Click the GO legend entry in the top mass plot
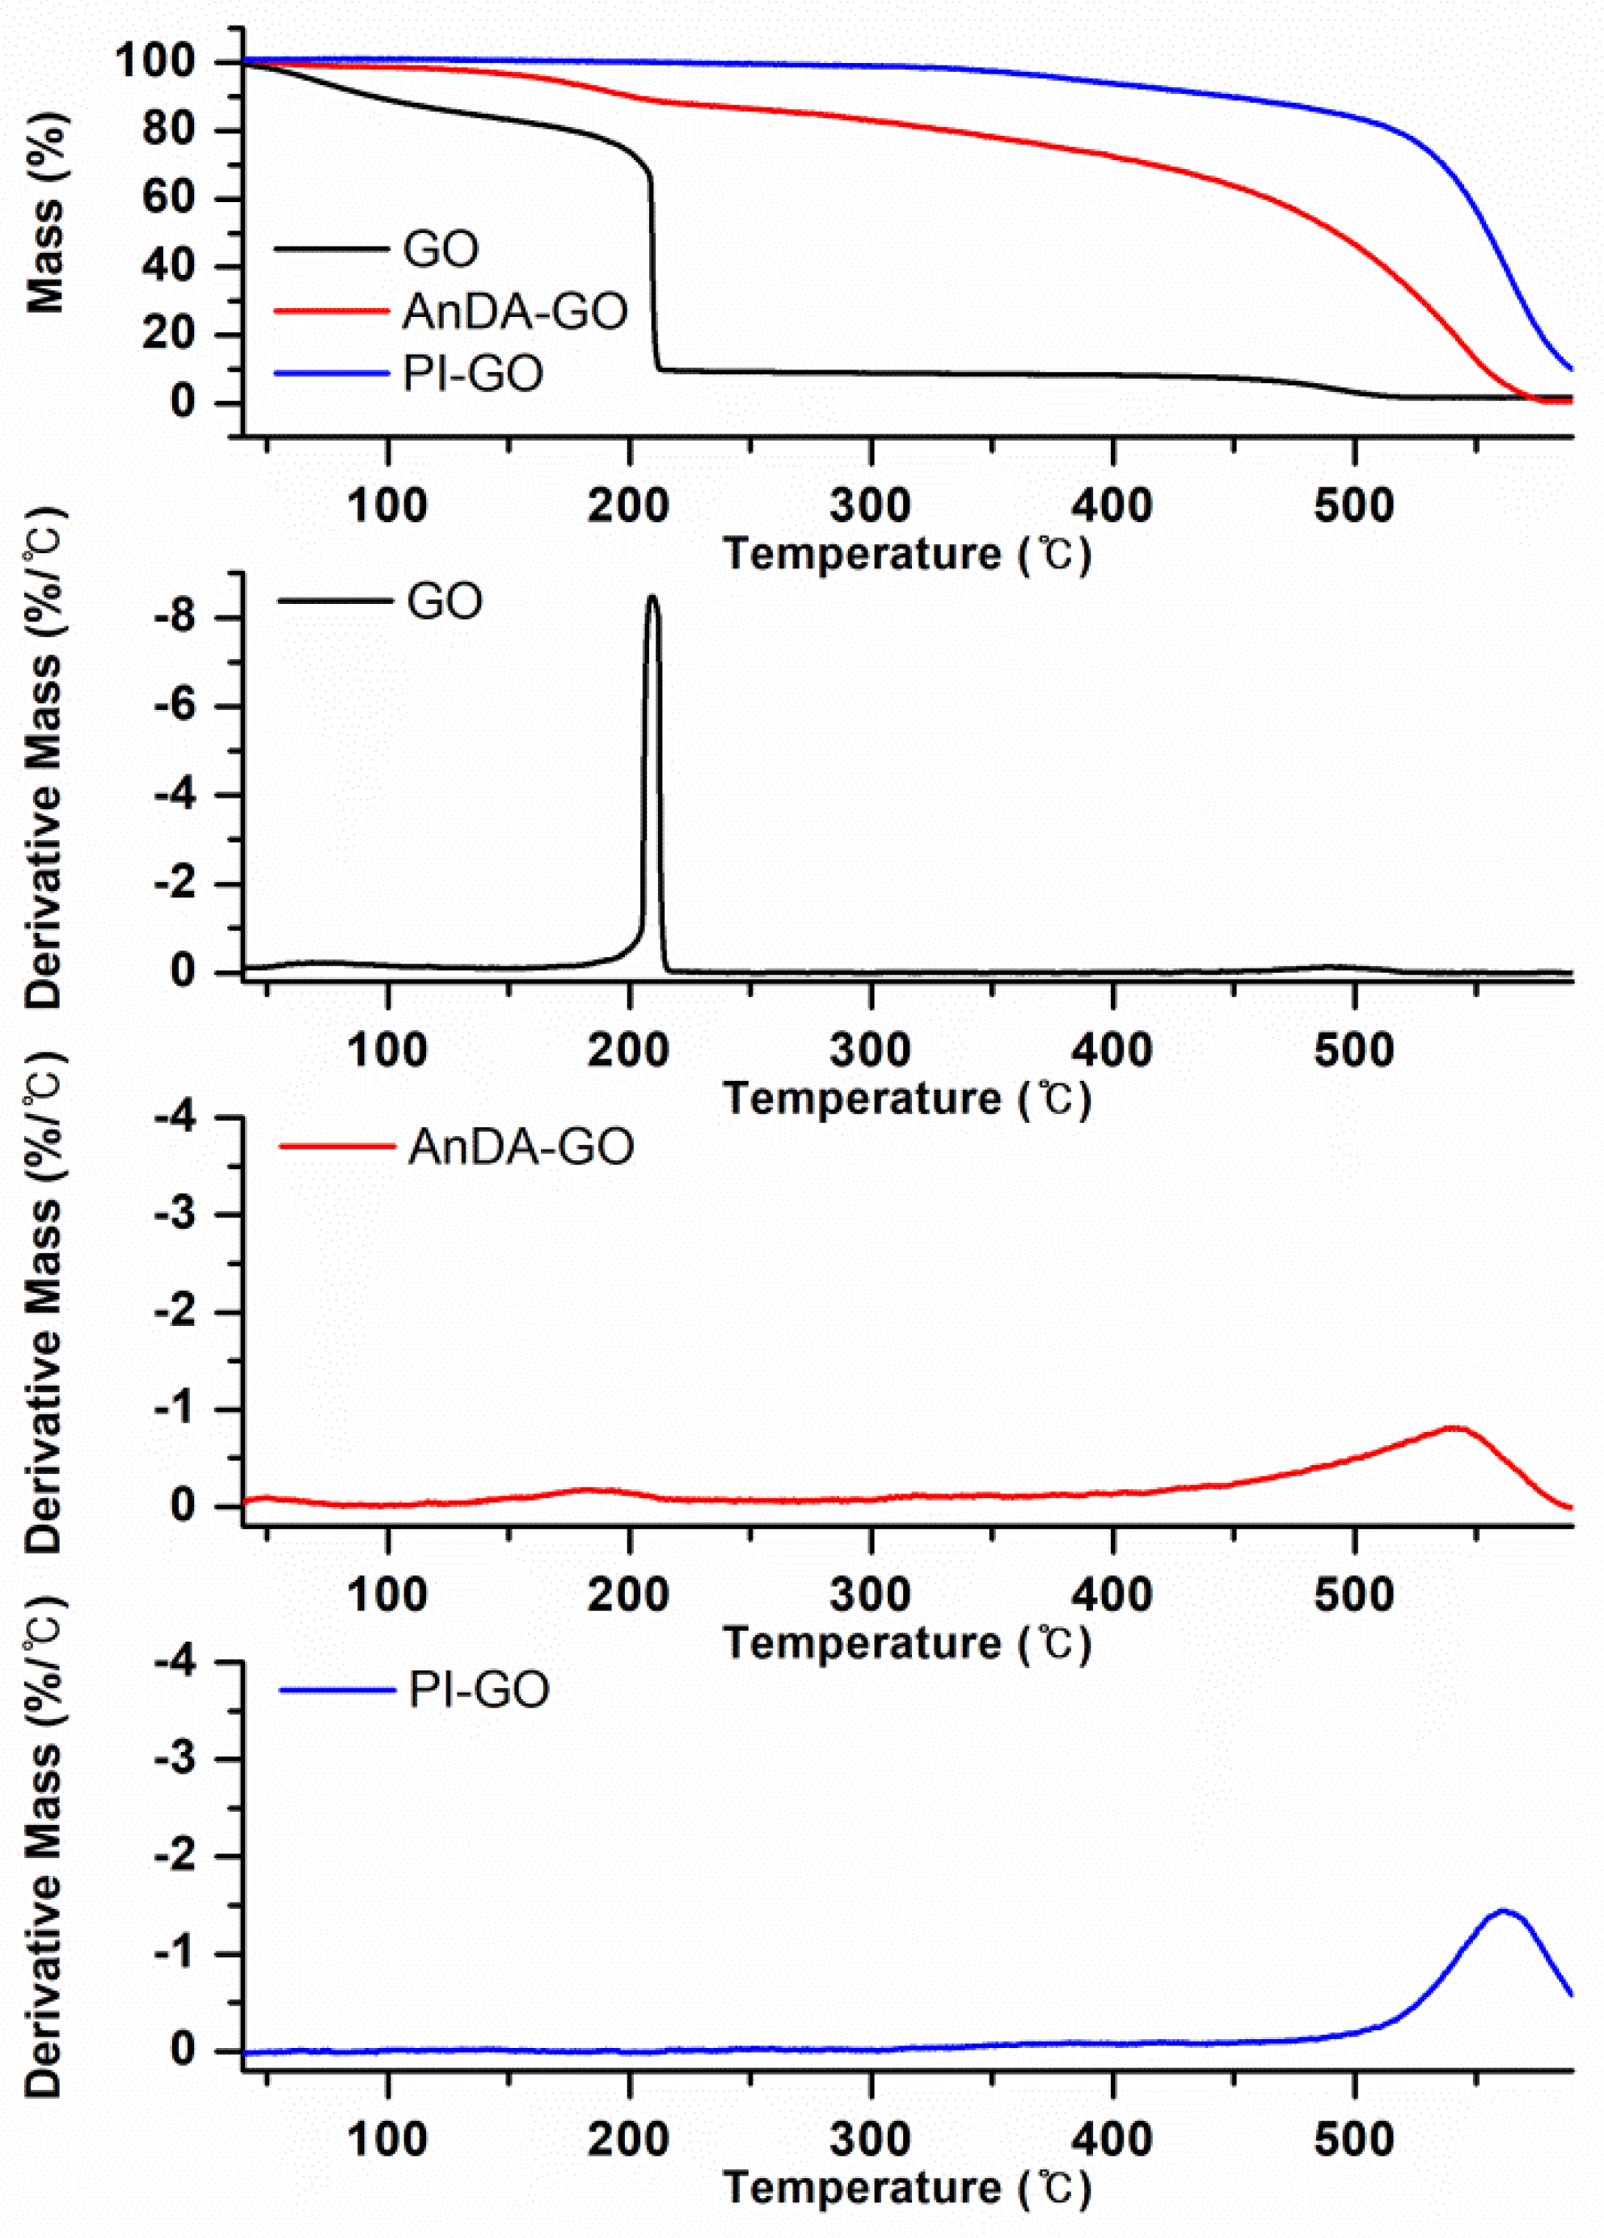(440, 249)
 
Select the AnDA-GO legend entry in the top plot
(514, 312)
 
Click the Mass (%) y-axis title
(44, 212)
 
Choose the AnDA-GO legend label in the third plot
(520, 1146)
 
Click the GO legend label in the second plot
(445, 601)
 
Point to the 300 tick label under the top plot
(870, 506)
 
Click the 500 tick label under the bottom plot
(1353, 2139)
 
